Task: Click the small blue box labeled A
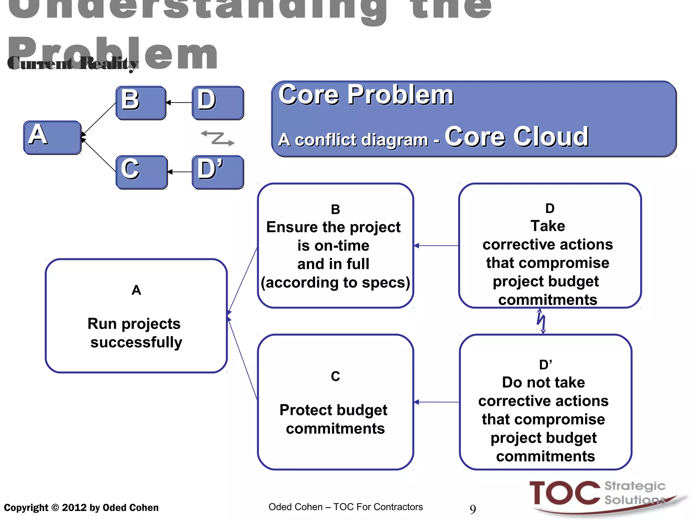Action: click(52, 137)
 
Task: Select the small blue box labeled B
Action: click(141, 103)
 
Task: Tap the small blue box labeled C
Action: click(141, 172)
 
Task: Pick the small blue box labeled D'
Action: click(218, 172)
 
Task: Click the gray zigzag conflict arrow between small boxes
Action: click(218, 138)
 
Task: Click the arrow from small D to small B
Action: click(179, 103)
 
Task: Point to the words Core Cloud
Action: click(516, 136)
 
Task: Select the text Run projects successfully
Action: click(135, 333)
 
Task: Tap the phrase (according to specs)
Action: click(335, 282)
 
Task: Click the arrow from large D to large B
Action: click(436, 246)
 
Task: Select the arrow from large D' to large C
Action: click(436, 402)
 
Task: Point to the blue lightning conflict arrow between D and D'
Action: click(541, 321)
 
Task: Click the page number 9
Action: click(473, 509)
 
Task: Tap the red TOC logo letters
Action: click(564, 493)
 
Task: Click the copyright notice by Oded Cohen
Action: click(81, 507)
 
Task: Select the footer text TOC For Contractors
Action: click(378, 507)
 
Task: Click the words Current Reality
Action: click(73, 63)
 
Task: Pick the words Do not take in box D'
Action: click(543, 382)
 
